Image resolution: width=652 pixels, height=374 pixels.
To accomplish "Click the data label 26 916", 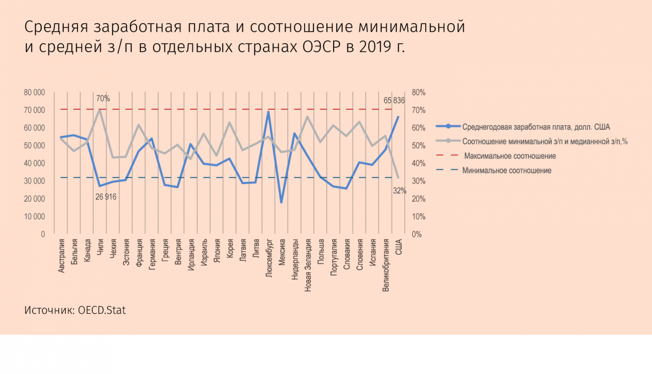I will point(106,197).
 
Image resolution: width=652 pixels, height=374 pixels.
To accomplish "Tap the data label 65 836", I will point(394,101).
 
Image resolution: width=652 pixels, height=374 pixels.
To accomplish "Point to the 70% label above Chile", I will point(103,99).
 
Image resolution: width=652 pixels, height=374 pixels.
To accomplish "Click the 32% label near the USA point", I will point(399,191).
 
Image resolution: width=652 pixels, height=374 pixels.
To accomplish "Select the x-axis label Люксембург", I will point(269,258).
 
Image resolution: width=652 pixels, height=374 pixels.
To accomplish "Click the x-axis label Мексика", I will point(282,252).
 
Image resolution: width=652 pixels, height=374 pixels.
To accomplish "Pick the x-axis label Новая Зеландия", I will point(308,265).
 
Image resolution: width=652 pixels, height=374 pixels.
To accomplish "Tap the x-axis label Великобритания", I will point(386,265).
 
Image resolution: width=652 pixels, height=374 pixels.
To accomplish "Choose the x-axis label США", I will point(399,247).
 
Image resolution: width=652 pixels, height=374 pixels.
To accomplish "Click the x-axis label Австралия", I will point(61,256).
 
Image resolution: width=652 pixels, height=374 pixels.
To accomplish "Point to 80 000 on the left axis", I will point(34,92).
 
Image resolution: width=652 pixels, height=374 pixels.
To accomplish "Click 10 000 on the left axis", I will point(34,217).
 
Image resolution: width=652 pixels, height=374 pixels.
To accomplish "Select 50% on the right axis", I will point(418,146).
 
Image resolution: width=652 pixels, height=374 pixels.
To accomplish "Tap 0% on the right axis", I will point(417,234).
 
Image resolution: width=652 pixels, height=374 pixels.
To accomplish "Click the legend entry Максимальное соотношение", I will point(510,156).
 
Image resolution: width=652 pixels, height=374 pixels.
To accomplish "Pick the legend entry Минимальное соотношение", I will point(507,170).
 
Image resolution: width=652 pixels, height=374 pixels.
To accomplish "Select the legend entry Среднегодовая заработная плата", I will point(536,127).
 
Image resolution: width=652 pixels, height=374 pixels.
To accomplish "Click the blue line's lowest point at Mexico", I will point(281,202).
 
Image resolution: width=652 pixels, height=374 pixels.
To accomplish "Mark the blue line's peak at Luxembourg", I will point(268,112).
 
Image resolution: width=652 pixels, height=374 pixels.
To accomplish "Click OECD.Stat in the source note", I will point(102,310).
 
